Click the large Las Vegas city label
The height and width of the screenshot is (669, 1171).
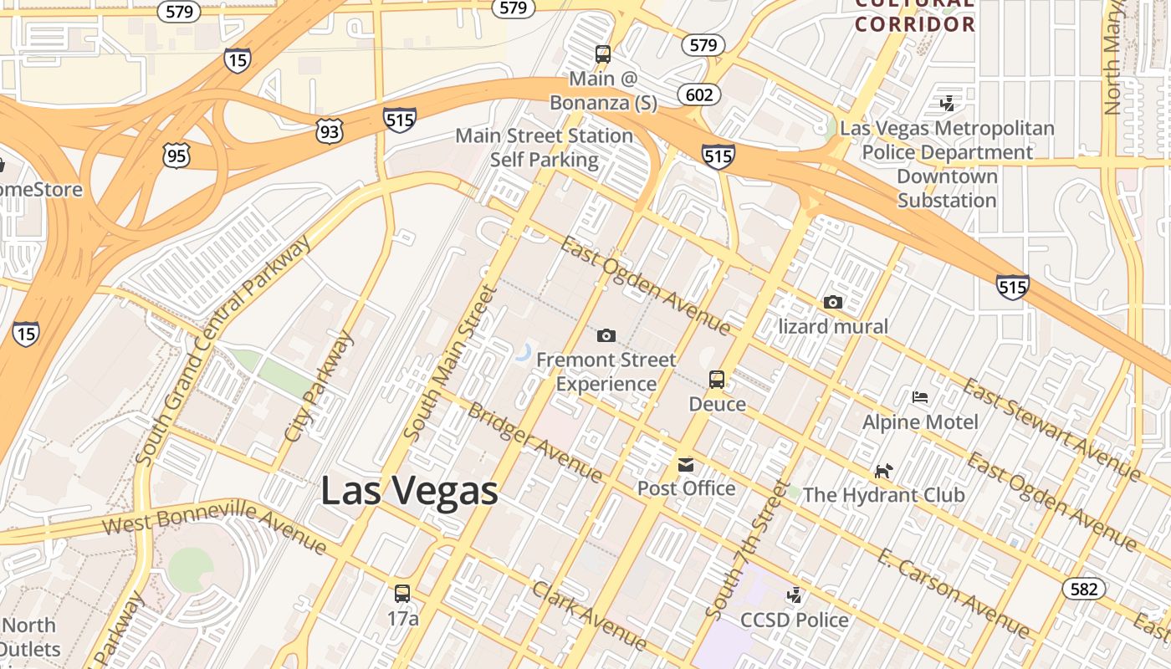coord(410,490)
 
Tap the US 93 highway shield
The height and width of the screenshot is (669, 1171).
coord(330,130)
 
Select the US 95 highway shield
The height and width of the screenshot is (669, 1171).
coord(177,156)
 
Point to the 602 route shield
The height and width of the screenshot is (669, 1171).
coord(698,94)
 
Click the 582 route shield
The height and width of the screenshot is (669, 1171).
coord(1083,589)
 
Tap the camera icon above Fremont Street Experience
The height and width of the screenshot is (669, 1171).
coord(606,335)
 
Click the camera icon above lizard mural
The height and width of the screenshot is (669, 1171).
coord(833,302)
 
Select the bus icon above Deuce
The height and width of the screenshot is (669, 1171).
coord(717,379)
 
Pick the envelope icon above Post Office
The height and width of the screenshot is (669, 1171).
coord(686,464)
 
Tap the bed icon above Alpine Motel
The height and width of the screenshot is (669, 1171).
coord(920,396)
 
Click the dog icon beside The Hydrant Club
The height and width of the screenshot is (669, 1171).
coord(883,471)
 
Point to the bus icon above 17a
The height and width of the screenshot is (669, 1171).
coord(402,594)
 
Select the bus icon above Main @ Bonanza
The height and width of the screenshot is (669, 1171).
coord(603,54)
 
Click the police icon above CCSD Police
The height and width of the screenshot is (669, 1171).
coord(795,595)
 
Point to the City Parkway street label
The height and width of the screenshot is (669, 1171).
coord(319,386)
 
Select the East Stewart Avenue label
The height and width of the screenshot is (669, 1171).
coord(1051,429)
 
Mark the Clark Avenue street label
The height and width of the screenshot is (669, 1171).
coord(589,615)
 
